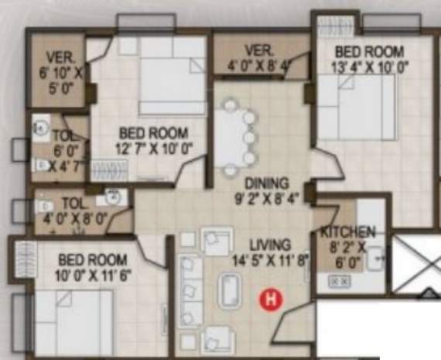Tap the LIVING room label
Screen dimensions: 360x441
[265, 245]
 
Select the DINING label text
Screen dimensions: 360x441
[266, 184]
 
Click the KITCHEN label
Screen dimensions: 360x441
[347, 232]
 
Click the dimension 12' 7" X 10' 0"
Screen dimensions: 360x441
[155, 147]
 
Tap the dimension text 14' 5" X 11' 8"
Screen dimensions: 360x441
[270, 260]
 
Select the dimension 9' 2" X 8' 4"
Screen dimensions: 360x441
[266, 198]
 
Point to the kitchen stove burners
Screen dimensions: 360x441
[338, 283]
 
